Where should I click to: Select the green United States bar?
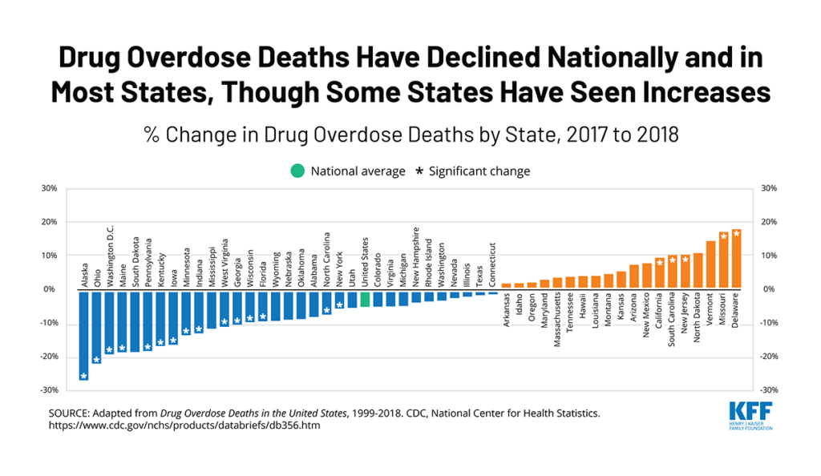365,298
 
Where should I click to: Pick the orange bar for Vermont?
710,265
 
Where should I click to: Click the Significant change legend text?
479,171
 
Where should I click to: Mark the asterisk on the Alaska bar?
83,376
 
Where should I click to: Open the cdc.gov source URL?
184,426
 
